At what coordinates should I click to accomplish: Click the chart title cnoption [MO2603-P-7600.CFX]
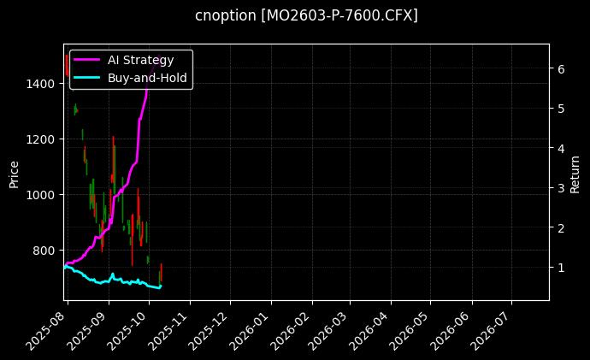click(306, 15)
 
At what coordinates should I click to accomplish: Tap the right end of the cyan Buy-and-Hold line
click(161, 286)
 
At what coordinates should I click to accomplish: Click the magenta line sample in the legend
click(87, 60)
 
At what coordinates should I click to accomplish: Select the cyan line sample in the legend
click(87, 77)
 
